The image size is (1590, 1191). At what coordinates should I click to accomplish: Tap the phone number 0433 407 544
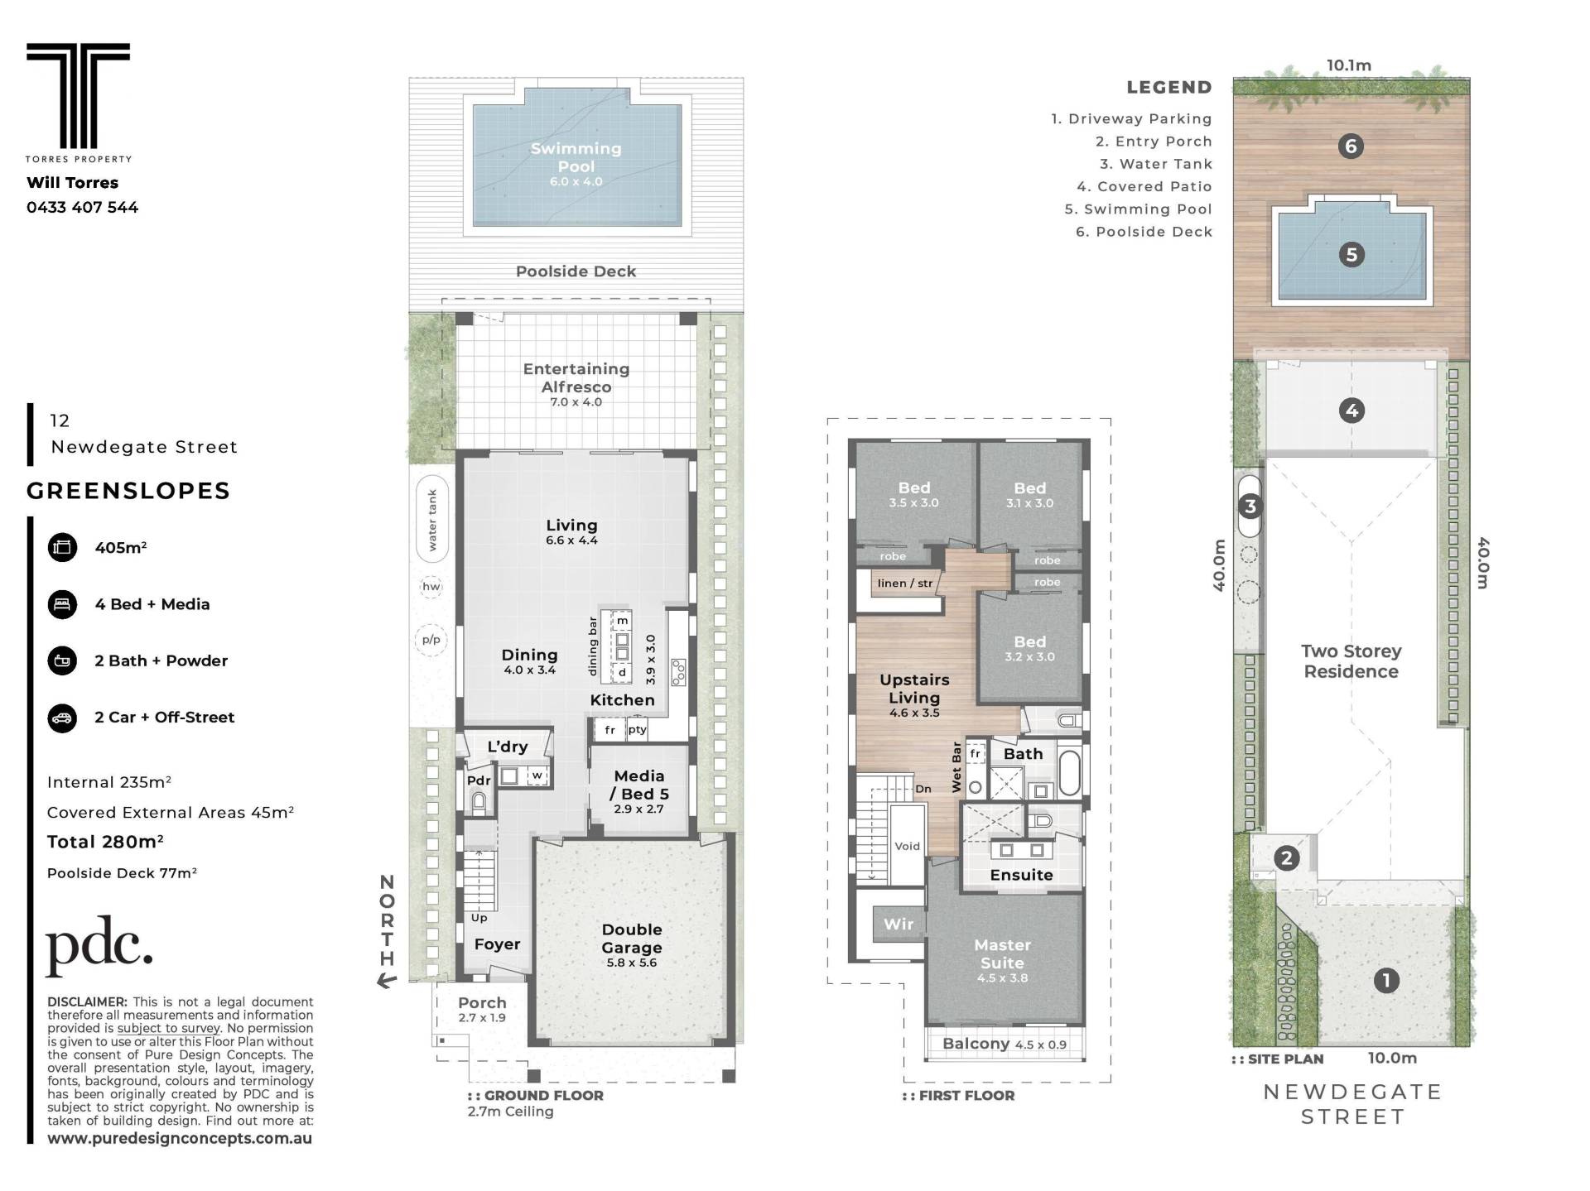(82, 207)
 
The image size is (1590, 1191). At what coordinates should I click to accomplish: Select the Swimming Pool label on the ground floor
(576, 157)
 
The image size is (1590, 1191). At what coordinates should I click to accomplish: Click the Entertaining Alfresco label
(576, 378)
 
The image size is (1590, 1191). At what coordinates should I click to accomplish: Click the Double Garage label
(632, 939)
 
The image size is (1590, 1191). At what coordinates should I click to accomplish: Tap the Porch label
(482, 1002)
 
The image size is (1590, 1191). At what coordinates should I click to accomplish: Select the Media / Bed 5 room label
(639, 785)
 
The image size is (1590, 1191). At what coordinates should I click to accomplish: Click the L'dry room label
(508, 747)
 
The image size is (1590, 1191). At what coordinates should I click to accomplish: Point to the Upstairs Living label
(914, 689)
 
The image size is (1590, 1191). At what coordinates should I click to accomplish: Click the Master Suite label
(1002, 953)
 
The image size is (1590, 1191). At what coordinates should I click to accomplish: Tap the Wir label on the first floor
(899, 924)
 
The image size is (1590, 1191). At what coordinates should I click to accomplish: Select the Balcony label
(976, 1044)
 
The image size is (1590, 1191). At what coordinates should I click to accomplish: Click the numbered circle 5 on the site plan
(1351, 254)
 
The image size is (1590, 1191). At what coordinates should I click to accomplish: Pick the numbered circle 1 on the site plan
(1386, 981)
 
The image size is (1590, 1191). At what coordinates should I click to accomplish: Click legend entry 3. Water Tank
(1156, 164)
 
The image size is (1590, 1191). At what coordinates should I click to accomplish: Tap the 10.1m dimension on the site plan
(1349, 65)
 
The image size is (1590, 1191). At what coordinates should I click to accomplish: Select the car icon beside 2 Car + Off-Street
(62, 718)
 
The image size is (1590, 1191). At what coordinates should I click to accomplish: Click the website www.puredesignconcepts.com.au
(180, 1138)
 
